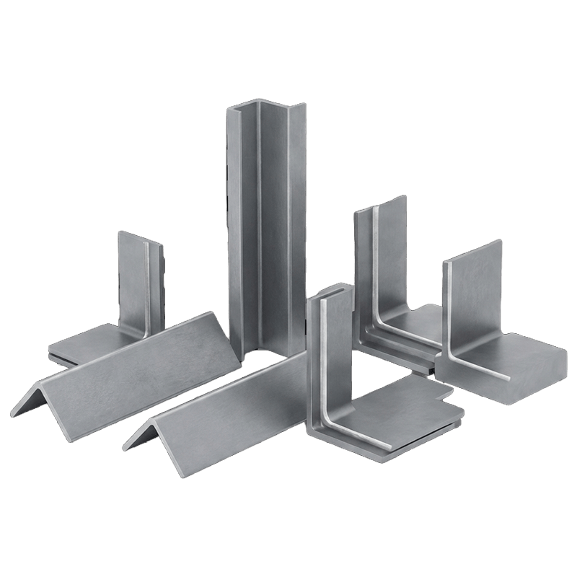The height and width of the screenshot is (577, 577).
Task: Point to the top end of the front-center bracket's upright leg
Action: (x=328, y=292)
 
